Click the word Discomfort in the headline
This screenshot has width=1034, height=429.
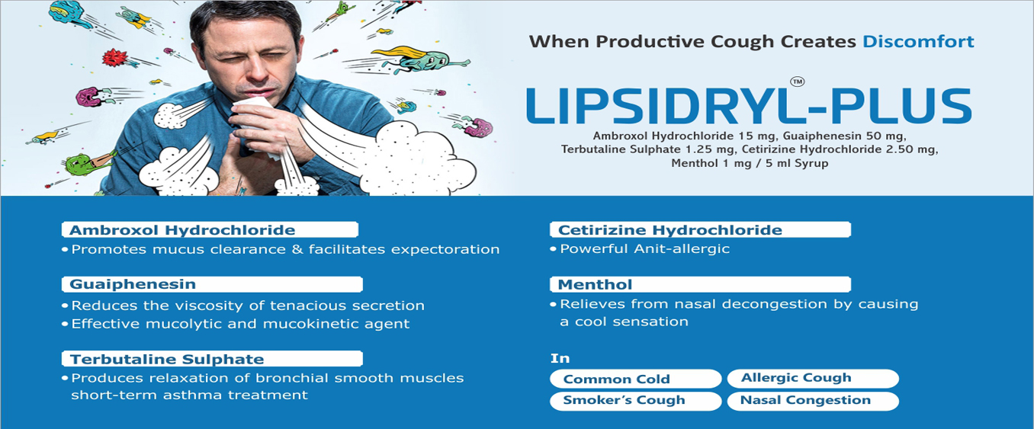918,41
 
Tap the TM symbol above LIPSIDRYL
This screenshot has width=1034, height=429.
797,82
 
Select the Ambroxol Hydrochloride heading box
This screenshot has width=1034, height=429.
210,229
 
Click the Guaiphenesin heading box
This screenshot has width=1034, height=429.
212,284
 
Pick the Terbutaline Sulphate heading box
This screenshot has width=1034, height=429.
212,359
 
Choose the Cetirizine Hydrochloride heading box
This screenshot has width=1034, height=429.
700,229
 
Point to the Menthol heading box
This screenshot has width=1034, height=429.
700,284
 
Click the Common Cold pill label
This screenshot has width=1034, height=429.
636,379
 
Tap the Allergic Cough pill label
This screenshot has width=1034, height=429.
813,378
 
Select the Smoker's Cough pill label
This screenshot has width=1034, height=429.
636,400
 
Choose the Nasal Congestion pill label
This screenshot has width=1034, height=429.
813,400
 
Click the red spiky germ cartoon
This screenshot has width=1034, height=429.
114,58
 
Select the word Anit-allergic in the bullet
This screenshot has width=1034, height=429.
682,249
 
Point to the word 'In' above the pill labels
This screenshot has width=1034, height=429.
560,358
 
